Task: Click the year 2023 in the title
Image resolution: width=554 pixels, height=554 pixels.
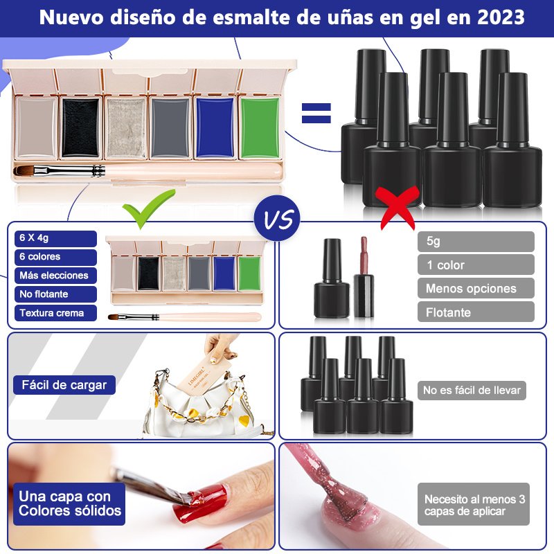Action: [x=501, y=17]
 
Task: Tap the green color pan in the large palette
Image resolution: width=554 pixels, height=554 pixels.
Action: [x=260, y=127]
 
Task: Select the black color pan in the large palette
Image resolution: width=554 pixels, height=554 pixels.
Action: [x=80, y=127]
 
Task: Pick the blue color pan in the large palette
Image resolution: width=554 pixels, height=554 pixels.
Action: [x=215, y=127]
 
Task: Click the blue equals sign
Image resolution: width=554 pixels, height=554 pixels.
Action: [x=316, y=113]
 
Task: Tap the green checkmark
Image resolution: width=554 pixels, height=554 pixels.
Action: [x=148, y=208]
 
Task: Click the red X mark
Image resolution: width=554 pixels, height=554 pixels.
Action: [x=397, y=208]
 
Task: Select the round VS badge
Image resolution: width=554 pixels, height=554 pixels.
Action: [x=277, y=218]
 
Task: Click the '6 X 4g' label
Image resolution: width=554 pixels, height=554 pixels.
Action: [x=55, y=238]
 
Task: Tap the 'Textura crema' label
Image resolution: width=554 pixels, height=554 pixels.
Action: [x=55, y=313]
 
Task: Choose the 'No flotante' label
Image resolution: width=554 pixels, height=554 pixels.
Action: [x=55, y=294]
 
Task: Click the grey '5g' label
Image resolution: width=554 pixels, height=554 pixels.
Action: [x=476, y=241]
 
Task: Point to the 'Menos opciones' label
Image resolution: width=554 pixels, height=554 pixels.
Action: [x=476, y=288]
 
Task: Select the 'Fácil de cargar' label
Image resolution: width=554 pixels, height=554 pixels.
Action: [x=64, y=385]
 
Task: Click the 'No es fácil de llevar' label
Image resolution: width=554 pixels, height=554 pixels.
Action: [x=472, y=390]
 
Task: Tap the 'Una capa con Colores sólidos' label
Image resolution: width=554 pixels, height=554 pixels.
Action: [x=69, y=504]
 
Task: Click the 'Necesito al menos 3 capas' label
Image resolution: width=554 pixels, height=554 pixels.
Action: [x=474, y=504]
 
